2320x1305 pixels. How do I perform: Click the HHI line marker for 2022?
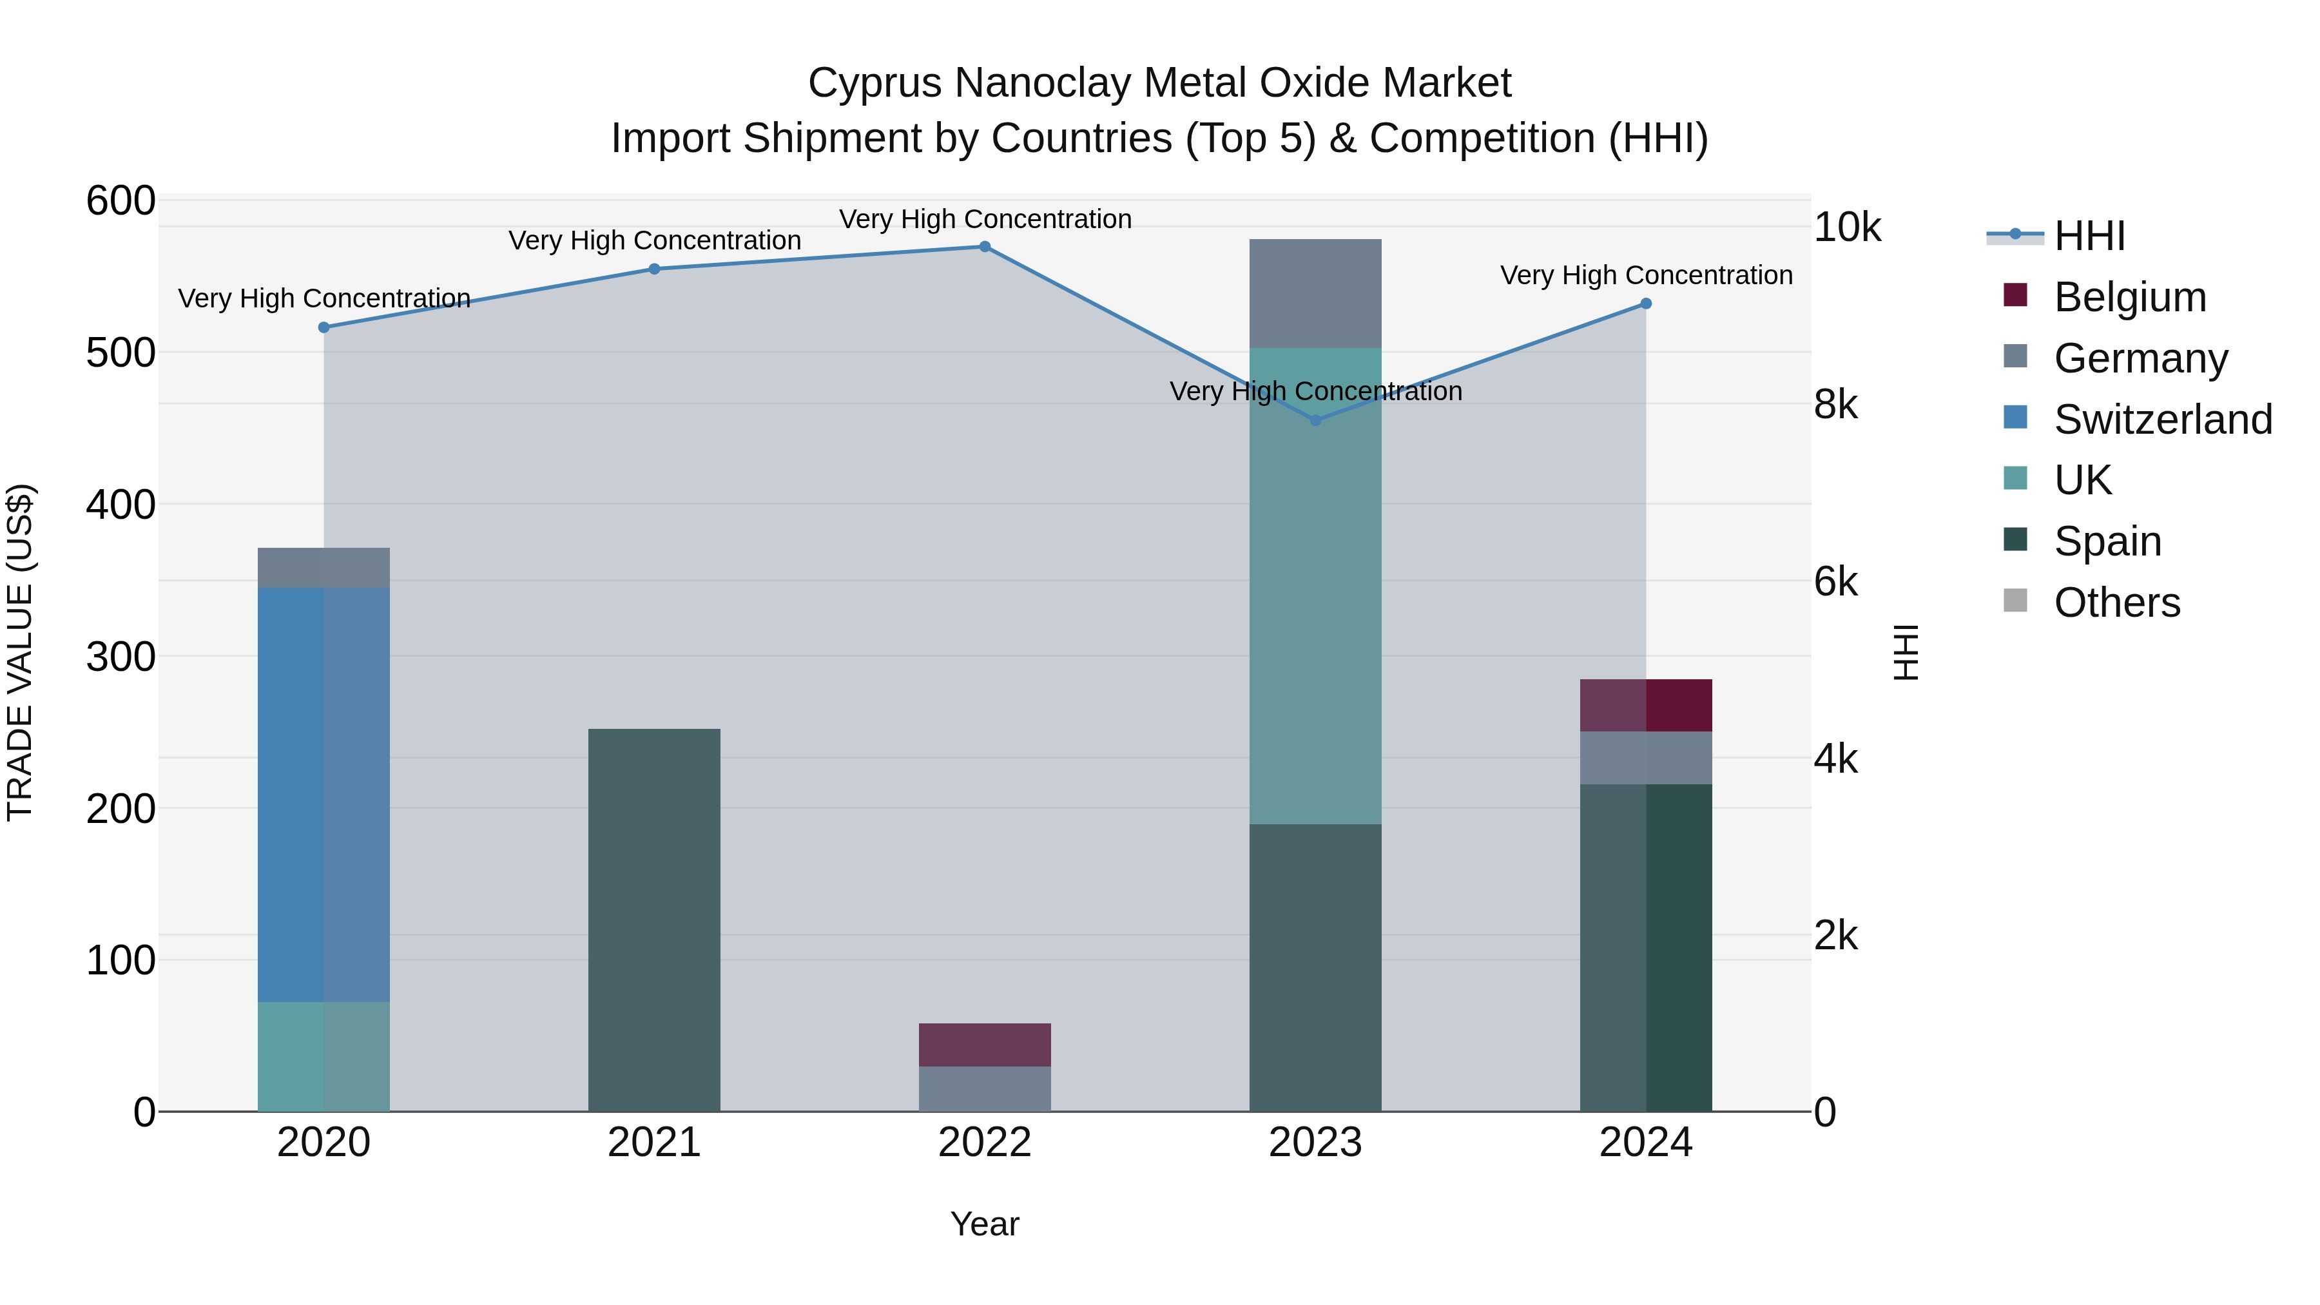984,247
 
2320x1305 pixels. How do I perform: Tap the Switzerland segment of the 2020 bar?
324,793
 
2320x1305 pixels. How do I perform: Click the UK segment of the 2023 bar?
1315,585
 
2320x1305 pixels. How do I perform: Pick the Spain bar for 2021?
654,918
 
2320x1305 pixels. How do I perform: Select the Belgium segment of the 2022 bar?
984,1045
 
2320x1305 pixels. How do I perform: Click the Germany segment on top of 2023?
1315,293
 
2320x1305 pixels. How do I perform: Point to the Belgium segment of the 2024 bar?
1645,705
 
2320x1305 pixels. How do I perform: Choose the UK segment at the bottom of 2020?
324,1056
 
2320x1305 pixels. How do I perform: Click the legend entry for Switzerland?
2161,420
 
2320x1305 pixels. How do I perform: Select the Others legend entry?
2116,603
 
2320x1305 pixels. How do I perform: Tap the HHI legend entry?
2089,236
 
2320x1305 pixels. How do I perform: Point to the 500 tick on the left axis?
121,353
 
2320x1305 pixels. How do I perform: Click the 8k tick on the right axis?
1835,405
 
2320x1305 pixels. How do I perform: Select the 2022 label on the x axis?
984,1143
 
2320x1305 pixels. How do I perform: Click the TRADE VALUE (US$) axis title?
20,652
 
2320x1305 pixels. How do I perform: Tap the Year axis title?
984,1224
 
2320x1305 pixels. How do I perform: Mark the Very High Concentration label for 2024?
1645,276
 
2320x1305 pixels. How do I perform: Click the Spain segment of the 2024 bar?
1645,945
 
